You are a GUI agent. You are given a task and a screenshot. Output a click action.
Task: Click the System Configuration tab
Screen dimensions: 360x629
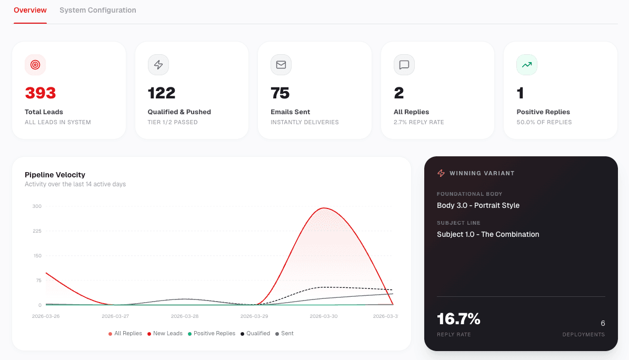97,10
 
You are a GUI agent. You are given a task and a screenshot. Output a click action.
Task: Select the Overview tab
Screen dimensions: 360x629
30,10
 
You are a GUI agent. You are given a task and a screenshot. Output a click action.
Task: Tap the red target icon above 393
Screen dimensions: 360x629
35,65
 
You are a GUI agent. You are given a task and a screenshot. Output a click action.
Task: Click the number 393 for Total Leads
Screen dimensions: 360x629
41,93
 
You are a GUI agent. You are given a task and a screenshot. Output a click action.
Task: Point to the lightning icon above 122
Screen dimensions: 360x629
158,65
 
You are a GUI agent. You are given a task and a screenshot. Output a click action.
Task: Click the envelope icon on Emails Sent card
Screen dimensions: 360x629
281,65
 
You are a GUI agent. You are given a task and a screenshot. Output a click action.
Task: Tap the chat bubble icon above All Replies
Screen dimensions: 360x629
404,65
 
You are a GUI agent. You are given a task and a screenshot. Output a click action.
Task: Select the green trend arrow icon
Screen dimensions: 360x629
527,65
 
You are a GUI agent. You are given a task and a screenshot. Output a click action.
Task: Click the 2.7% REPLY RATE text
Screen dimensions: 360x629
419,122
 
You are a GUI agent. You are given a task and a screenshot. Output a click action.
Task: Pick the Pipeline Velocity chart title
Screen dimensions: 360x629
55,175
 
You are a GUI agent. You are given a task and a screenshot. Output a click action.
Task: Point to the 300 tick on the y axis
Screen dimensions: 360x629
37,206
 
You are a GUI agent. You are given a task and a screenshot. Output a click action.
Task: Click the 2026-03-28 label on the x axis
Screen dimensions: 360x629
185,316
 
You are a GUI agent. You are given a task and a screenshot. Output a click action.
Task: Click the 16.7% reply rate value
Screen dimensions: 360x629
458,319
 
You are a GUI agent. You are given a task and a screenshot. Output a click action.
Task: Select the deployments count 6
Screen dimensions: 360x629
603,323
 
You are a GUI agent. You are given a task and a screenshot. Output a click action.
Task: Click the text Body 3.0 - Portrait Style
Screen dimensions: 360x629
478,205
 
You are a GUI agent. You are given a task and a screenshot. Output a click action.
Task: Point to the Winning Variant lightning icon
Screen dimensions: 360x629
441,173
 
